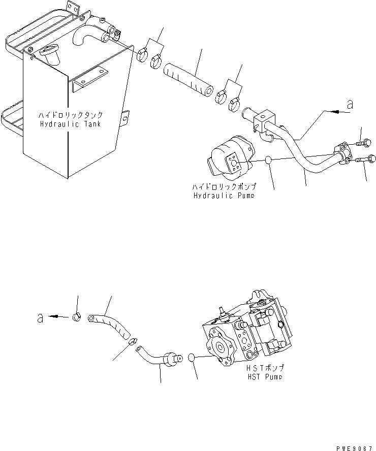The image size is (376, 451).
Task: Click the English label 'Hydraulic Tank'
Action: pos(71,124)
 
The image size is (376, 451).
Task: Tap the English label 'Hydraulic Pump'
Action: pos(224,196)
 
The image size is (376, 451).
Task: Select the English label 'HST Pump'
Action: pos(265,376)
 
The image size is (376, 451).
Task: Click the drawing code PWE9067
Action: pos(354,448)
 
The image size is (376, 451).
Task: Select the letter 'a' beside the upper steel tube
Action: pos(350,105)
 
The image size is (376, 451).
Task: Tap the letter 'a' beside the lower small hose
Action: pos(40,318)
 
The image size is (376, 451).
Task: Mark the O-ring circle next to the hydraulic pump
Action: pos(268,159)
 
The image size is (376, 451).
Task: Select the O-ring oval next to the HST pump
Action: pos(192,358)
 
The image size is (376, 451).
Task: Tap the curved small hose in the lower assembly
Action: pos(109,327)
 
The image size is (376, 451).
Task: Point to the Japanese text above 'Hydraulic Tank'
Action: pos(71,115)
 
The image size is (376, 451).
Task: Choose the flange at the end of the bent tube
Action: pos(343,153)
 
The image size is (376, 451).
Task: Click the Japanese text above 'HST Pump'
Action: pos(265,368)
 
